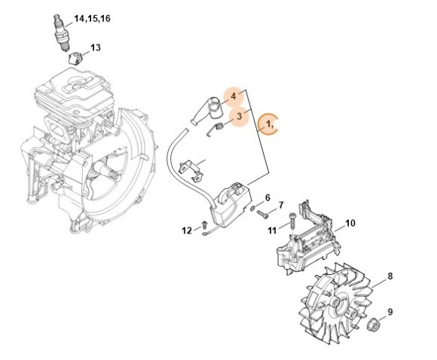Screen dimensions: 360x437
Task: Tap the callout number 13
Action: tap(95, 47)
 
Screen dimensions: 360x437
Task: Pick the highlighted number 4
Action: tap(234, 96)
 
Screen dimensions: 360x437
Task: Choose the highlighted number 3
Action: tap(240, 117)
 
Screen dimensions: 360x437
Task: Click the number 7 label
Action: tap(280, 205)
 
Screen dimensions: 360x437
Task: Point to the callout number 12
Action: tap(186, 230)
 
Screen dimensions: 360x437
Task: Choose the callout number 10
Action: tap(350, 224)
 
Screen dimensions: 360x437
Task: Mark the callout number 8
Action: tap(390, 276)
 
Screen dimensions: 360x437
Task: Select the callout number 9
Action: tap(390, 311)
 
